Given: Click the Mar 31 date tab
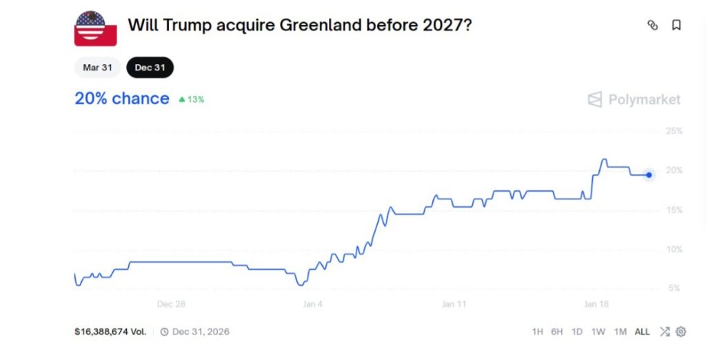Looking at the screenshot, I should click(x=97, y=68).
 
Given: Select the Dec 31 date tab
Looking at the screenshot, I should click(x=150, y=68).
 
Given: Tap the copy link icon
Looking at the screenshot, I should click(x=652, y=26).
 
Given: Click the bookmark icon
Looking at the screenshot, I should click(x=676, y=26).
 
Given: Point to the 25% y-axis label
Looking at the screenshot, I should click(x=674, y=131).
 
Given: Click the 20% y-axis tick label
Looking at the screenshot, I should click(x=674, y=170).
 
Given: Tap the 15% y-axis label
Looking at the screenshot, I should click(x=674, y=210).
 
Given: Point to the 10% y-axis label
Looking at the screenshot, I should click(x=674, y=249).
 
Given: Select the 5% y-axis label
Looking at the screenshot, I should click(x=676, y=288).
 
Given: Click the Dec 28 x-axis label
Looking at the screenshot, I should click(x=171, y=304).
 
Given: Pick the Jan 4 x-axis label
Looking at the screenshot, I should click(x=312, y=304).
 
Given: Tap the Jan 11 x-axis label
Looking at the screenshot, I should click(x=454, y=304).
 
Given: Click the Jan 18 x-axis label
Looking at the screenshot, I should click(x=596, y=304).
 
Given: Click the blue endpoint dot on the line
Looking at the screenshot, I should click(x=649, y=174).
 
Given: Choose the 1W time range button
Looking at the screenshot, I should click(x=598, y=332).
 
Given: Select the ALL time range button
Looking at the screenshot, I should click(x=642, y=332).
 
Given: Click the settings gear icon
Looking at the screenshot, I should click(x=680, y=332).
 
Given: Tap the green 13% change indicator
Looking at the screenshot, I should click(x=192, y=99).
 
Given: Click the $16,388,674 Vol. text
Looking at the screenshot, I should click(x=110, y=332).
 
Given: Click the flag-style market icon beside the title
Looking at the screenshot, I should click(x=95, y=28).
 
